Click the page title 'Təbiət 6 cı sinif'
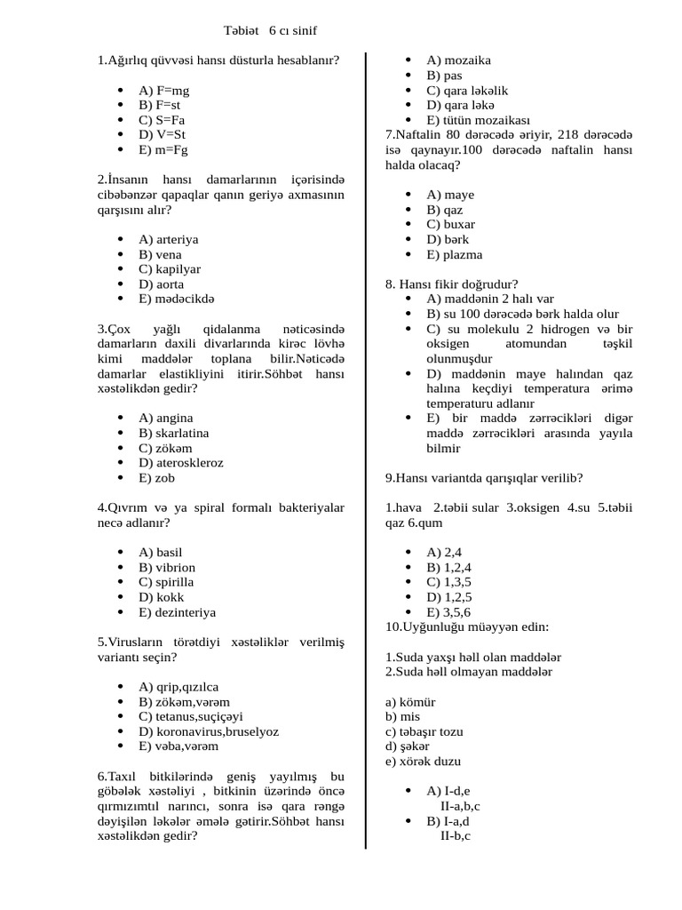(x=270, y=31)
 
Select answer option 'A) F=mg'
(x=163, y=91)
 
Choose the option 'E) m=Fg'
(x=163, y=150)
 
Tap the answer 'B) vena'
(x=160, y=255)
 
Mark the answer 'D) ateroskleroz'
(x=181, y=463)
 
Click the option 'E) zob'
(x=156, y=478)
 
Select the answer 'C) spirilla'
(x=166, y=582)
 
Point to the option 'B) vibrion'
(x=167, y=568)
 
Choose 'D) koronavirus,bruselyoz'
(x=209, y=731)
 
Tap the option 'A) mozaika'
(x=458, y=60)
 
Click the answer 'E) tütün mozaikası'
(x=478, y=120)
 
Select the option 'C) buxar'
(x=450, y=225)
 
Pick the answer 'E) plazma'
(x=454, y=255)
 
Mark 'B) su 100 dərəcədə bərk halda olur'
(x=522, y=315)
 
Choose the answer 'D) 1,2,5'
(x=448, y=597)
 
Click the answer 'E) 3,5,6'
(x=448, y=612)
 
